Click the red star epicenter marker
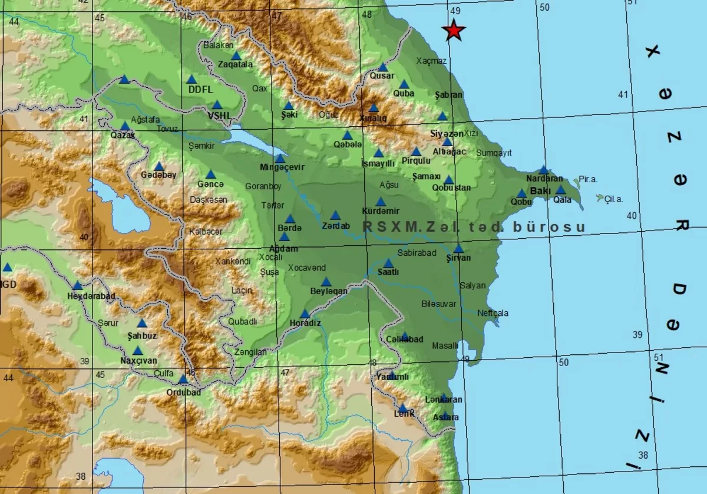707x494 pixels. click(454, 30)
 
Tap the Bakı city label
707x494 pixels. click(540, 191)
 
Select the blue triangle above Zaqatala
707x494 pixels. click(236, 55)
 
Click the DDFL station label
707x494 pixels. click(199, 90)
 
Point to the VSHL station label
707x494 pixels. click(220, 116)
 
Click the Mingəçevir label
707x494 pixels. click(282, 167)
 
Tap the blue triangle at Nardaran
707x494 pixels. click(543, 170)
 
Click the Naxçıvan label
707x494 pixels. click(139, 360)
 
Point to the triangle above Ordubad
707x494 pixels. click(183, 379)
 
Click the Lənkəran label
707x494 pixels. click(444, 399)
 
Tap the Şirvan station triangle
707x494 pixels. click(458, 248)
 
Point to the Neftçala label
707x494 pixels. click(493, 313)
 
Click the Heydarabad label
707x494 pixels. click(91, 295)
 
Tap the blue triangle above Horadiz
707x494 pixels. click(305, 314)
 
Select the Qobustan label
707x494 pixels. click(451, 187)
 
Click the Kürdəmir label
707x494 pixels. click(380, 211)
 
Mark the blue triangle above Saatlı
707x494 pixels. click(388, 263)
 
